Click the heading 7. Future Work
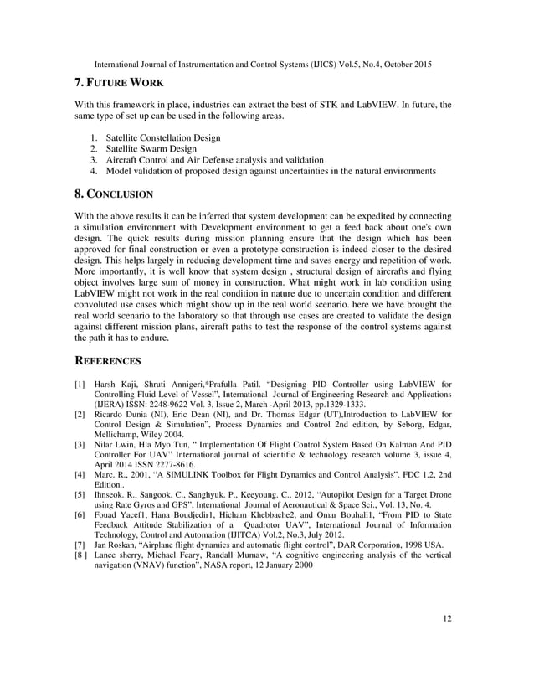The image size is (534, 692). click(x=119, y=83)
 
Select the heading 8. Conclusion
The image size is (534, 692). click(x=114, y=194)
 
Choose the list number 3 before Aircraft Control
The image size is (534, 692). click(x=94, y=159)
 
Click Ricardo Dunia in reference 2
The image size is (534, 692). click(x=122, y=414)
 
